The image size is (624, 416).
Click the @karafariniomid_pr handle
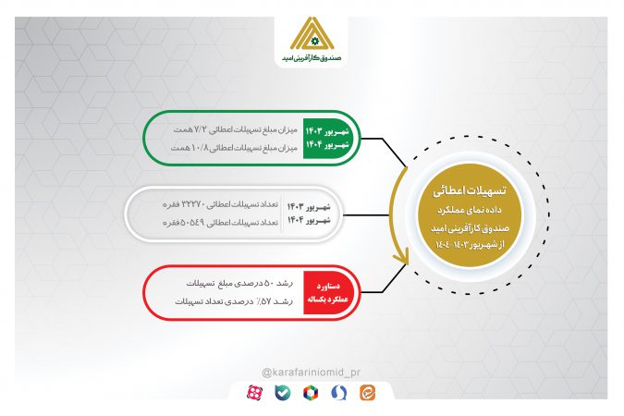pyautogui.click(x=312, y=372)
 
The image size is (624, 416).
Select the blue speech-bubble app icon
pyautogui.click(x=342, y=394)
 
